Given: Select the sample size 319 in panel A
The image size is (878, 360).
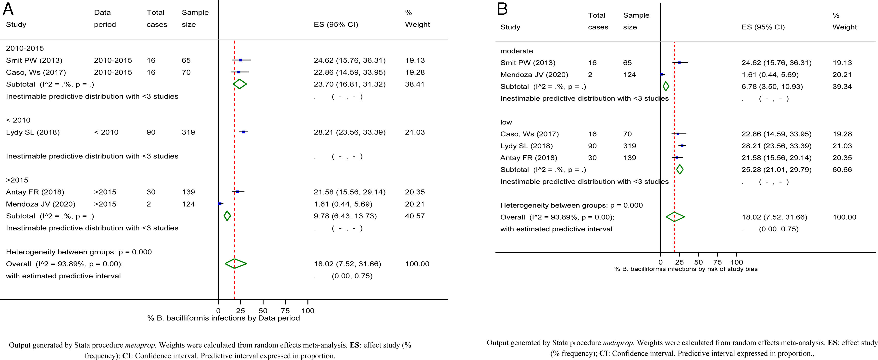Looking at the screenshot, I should (x=188, y=132).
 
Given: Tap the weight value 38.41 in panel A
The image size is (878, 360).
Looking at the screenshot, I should (x=415, y=84).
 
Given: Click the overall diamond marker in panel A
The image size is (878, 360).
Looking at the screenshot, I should (x=235, y=263).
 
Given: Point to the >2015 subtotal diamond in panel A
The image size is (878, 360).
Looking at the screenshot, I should (x=227, y=216).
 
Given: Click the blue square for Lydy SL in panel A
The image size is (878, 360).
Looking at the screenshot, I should (x=243, y=132).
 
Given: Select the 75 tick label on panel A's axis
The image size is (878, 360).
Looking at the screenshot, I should (x=285, y=310).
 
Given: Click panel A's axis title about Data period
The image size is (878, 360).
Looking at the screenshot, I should (x=223, y=318).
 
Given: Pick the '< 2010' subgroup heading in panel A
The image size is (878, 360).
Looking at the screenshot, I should (x=18, y=120).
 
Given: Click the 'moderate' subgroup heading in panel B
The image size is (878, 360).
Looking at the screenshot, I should (x=516, y=51).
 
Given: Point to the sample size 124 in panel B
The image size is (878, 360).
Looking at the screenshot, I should (x=629, y=75).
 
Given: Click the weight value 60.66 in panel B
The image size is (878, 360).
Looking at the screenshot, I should (x=842, y=169).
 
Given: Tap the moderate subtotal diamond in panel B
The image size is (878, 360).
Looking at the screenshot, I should (x=666, y=87).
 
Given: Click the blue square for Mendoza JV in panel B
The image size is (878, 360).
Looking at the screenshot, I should (x=662, y=74).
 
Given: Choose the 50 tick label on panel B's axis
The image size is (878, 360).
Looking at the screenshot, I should (x=698, y=262).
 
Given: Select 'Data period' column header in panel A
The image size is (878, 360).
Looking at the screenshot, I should (x=105, y=18).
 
